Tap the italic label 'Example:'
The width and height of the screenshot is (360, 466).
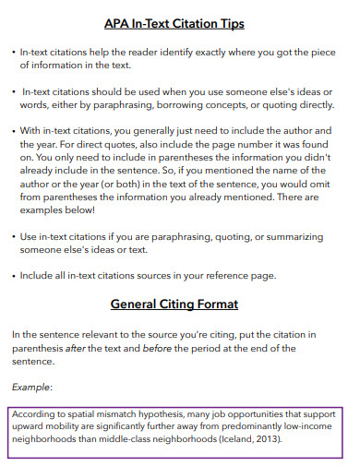32,388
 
